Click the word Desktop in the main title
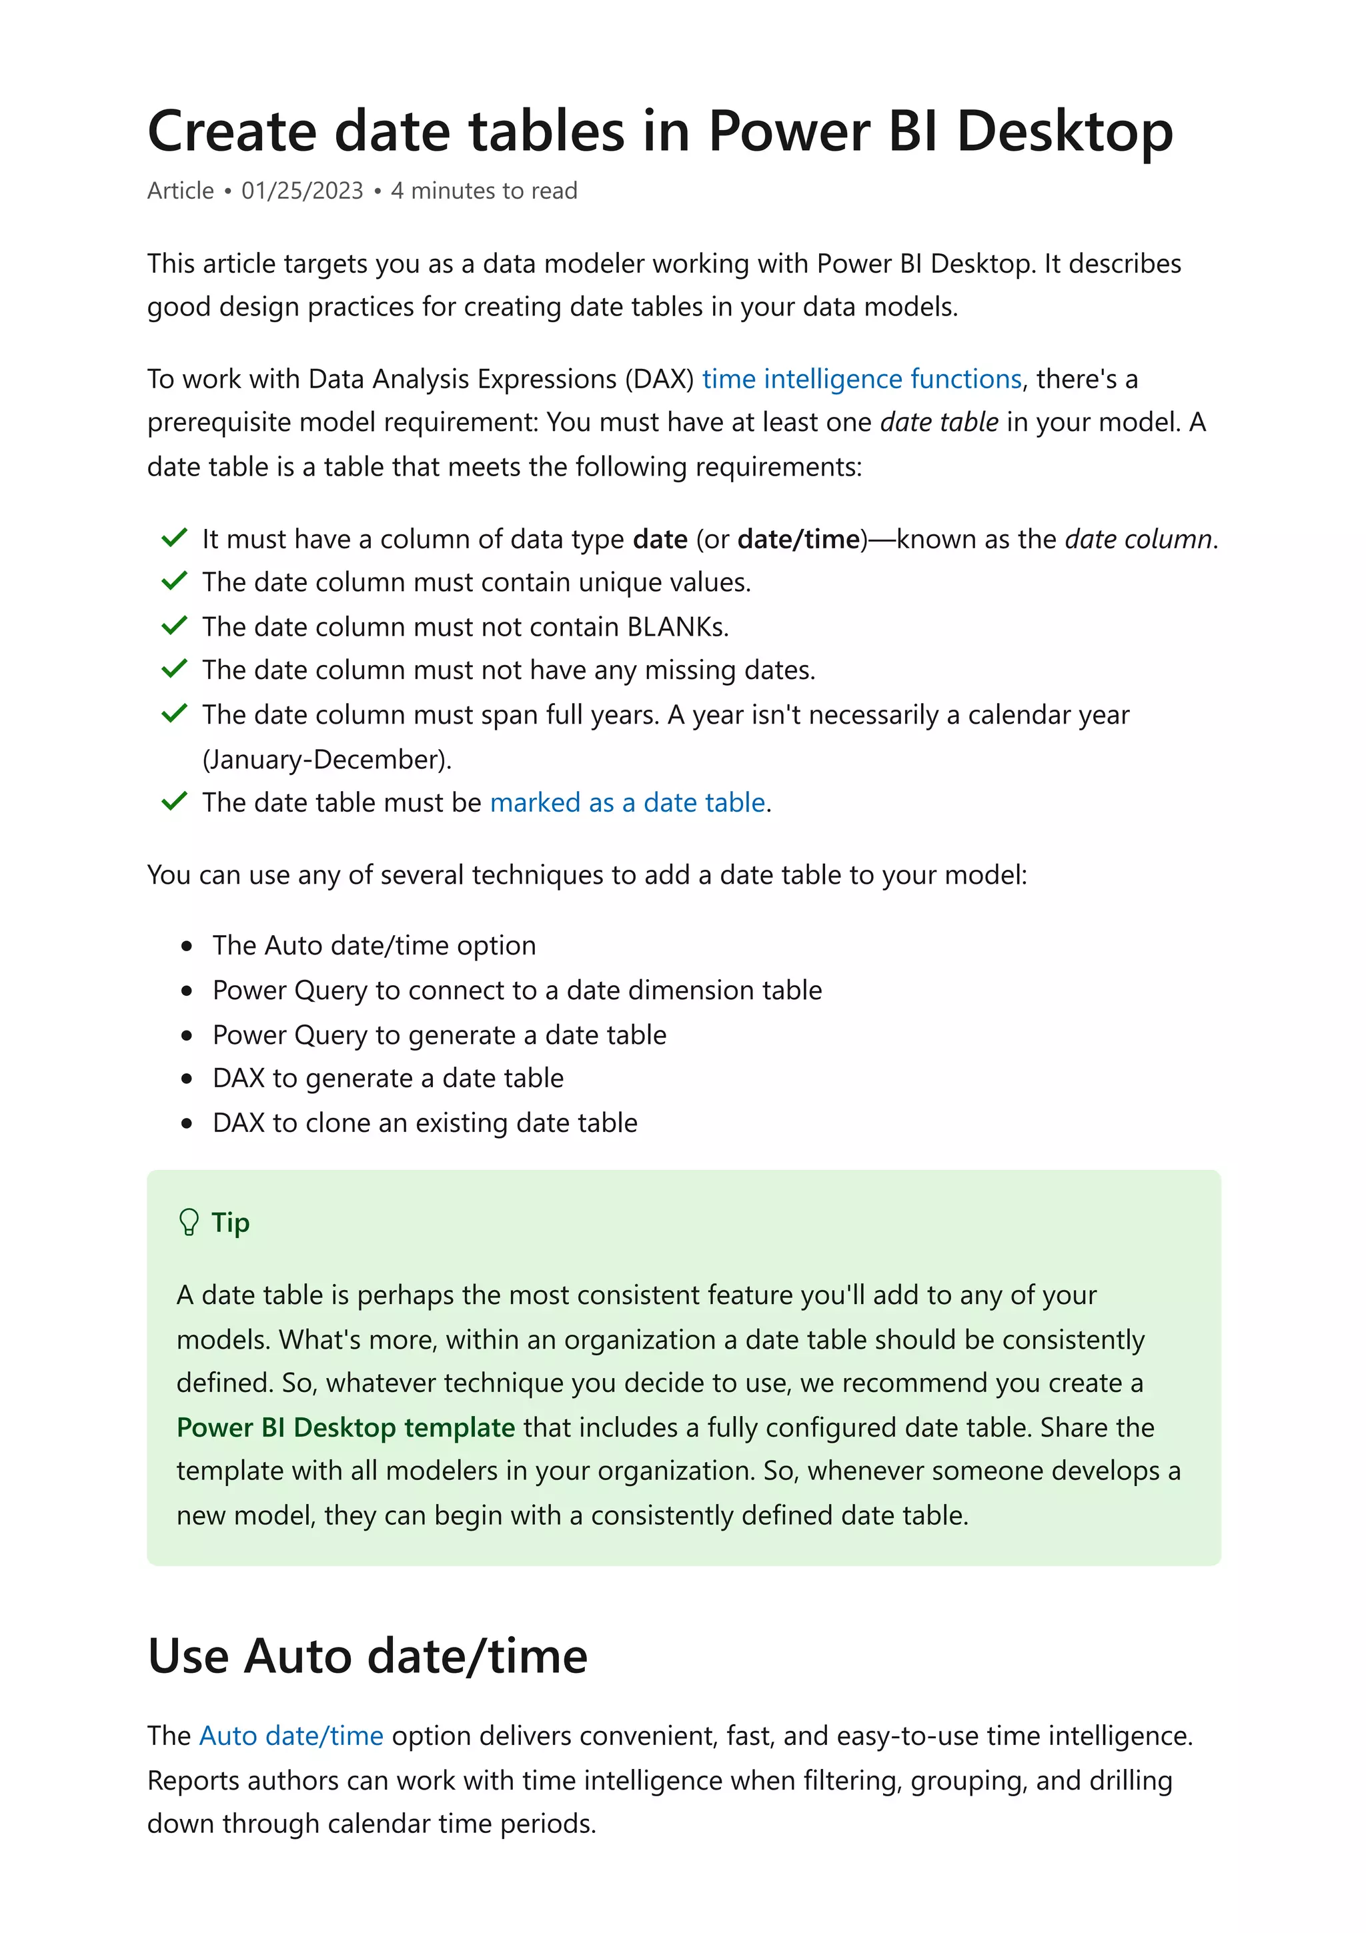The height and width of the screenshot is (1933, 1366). click(x=1064, y=132)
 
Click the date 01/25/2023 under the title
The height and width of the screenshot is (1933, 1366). click(x=302, y=191)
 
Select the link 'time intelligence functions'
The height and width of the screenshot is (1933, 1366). click(x=861, y=379)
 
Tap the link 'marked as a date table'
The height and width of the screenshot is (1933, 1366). click(x=627, y=802)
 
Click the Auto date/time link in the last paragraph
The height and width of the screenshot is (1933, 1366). click(x=291, y=1736)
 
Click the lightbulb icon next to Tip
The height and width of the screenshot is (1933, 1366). click(x=189, y=1223)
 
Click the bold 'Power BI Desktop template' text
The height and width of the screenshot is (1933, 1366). click(x=345, y=1428)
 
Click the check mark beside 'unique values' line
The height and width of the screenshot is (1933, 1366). click(x=174, y=581)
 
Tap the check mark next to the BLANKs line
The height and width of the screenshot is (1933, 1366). click(x=174, y=626)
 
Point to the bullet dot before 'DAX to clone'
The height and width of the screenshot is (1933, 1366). click(x=187, y=1123)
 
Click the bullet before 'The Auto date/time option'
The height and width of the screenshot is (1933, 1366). click(x=187, y=946)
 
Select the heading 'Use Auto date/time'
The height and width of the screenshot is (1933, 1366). click(x=367, y=1657)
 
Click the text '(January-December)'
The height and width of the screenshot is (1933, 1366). click(x=327, y=759)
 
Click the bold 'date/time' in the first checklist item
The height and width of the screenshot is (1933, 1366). click(x=798, y=539)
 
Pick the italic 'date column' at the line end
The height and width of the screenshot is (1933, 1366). click(x=1138, y=539)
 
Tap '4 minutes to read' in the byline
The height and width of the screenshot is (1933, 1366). click(x=484, y=191)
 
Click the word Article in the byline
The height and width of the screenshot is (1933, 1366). click(x=181, y=191)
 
